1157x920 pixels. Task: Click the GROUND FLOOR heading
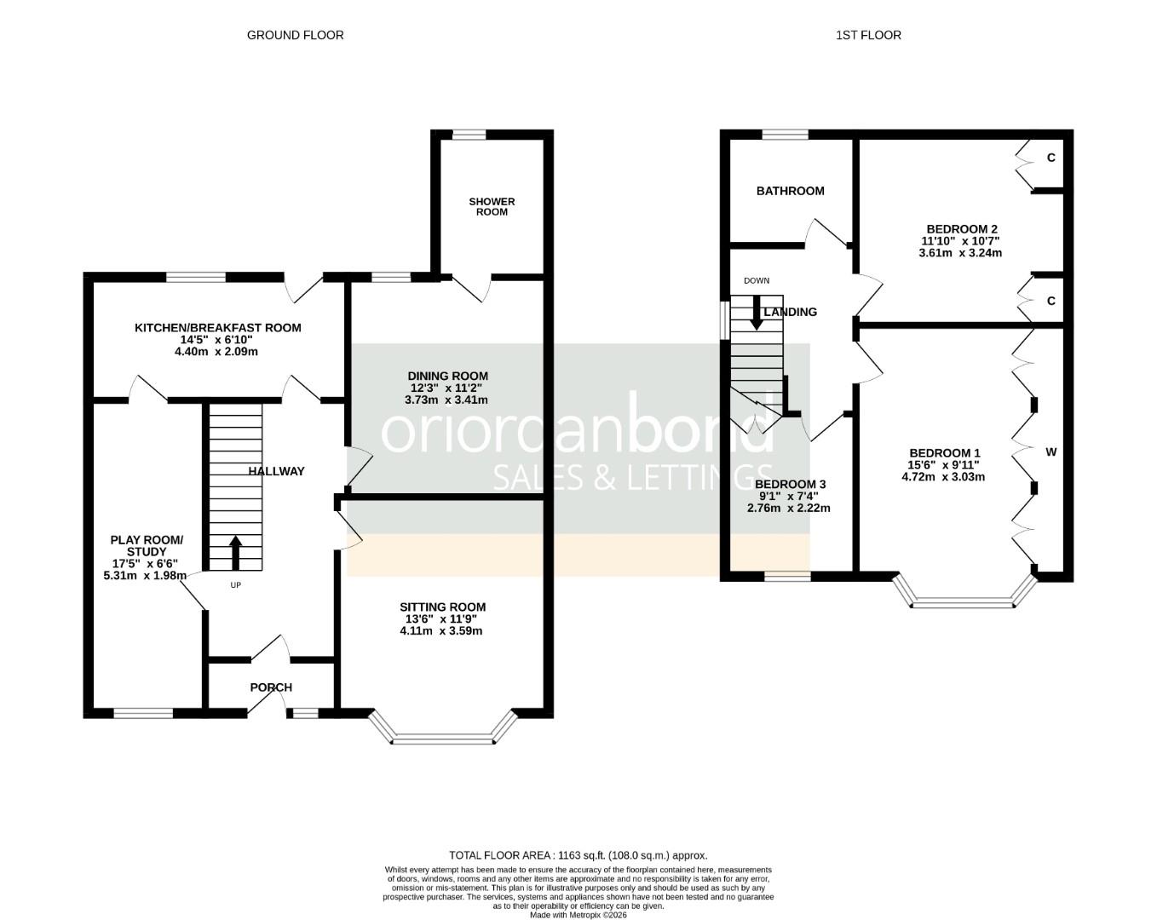pos(295,36)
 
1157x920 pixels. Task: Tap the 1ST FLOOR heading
pos(868,36)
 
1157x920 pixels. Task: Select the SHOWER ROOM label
pos(492,206)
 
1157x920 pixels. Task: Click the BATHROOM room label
pos(791,191)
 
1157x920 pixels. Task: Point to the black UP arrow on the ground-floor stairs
pos(235,552)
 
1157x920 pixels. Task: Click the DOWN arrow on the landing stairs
pos(757,313)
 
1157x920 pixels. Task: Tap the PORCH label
pos(271,687)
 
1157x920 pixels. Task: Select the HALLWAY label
pos(276,471)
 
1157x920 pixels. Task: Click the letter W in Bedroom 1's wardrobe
pos(1051,452)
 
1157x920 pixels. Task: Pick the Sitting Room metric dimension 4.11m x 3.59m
pos(440,630)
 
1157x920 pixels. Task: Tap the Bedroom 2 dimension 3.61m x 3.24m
pos(960,253)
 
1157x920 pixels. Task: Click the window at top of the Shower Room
pos(469,135)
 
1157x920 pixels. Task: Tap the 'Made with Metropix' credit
pos(578,915)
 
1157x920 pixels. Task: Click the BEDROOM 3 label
pos(790,485)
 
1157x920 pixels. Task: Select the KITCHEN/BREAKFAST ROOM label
pos(218,328)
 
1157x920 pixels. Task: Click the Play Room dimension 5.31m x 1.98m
pos(145,575)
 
